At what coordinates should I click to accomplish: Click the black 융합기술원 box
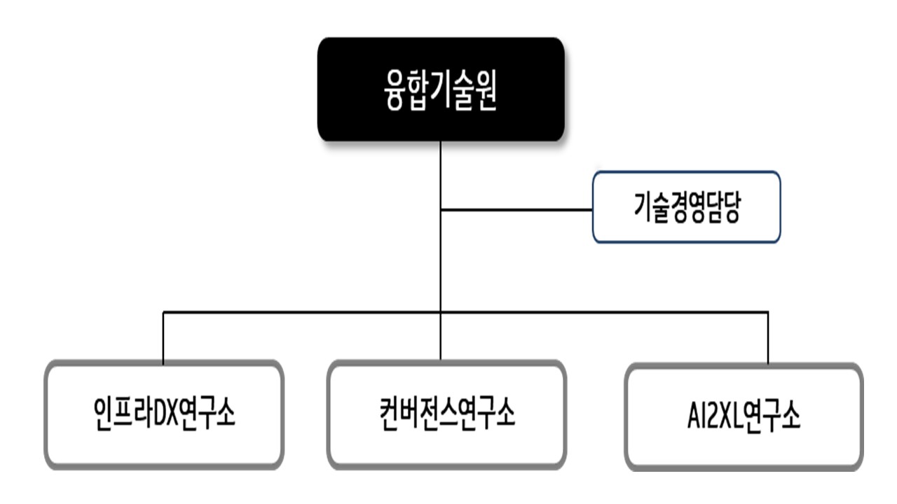(x=441, y=90)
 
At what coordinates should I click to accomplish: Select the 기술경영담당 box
(x=686, y=207)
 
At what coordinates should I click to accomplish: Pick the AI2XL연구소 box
(x=744, y=416)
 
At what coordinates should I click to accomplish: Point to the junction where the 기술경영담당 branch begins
(x=441, y=209)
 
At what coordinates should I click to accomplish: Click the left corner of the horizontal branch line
(x=163, y=312)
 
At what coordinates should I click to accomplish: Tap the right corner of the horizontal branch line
(x=768, y=312)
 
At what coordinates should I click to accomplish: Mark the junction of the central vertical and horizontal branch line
(x=441, y=312)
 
